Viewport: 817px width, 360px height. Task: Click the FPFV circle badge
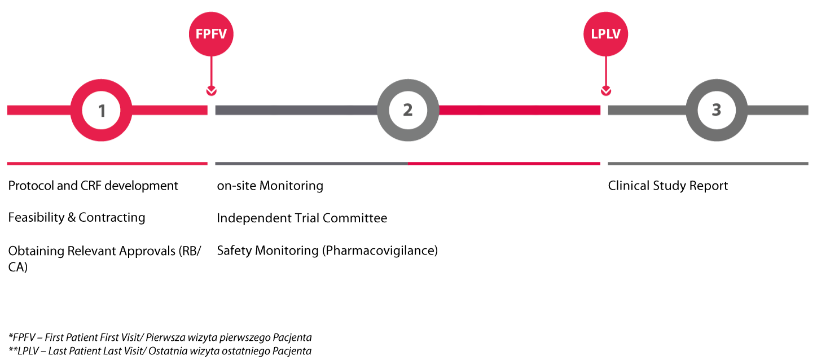(x=211, y=34)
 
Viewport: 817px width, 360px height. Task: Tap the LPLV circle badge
(x=605, y=34)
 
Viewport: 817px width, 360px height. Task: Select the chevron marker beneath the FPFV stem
(x=211, y=91)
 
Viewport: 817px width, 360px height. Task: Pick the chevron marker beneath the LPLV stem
(x=606, y=91)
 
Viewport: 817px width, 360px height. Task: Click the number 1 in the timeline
(x=102, y=111)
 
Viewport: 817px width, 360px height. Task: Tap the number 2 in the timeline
(x=407, y=110)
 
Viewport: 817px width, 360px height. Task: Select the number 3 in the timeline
(x=717, y=110)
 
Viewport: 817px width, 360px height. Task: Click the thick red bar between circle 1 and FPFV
(x=169, y=111)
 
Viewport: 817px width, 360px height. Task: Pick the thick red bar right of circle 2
(x=519, y=111)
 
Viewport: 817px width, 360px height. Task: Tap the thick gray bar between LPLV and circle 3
(x=647, y=111)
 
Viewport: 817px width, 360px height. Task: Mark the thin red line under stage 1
(x=107, y=164)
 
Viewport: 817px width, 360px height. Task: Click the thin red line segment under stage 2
(x=504, y=164)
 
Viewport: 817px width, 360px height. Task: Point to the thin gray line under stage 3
(x=708, y=164)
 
